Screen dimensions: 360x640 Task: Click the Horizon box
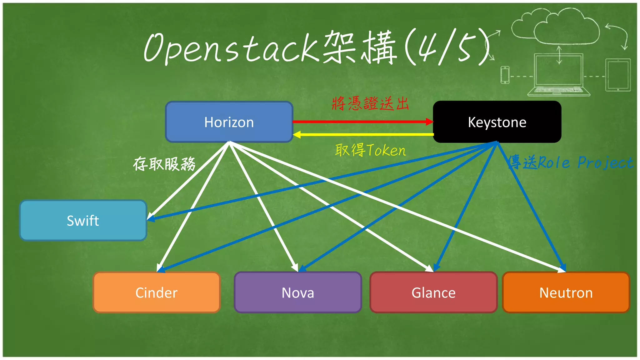coord(229,122)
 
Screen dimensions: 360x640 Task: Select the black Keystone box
coord(497,122)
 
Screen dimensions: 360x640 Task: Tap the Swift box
coord(83,221)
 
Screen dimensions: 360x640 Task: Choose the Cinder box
coord(157,292)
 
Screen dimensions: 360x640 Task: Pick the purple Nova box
coord(298,292)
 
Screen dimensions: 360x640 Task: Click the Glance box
coord(433,292)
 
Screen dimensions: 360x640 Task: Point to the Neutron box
coord(566,292)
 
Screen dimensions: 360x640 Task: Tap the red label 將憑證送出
coord(370,103)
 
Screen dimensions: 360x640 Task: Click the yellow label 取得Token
coord(370,150)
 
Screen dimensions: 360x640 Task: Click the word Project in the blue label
coord(605,162)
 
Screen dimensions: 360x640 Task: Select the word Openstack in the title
coord(231,48)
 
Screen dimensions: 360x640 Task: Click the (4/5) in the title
coord(447,47)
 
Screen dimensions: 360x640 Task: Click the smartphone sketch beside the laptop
coord(505,75)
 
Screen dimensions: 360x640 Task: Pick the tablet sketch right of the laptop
coord(618,75)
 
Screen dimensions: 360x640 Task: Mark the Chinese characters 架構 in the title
coord(359,47)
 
